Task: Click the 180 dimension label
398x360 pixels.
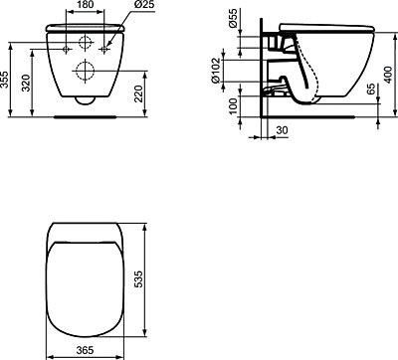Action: click(85, 5)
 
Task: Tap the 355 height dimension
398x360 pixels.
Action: click(5, 80)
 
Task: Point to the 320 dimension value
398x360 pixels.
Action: click(26, 83)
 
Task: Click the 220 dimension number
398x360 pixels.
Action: click(138, 93)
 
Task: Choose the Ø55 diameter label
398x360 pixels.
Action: click(234, 18)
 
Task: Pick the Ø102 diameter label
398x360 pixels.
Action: click(216, 71)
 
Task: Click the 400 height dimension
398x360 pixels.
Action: click(389, 75)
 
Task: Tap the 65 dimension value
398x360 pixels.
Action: click(371, 89)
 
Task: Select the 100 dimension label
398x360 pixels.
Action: click(234, 106)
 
